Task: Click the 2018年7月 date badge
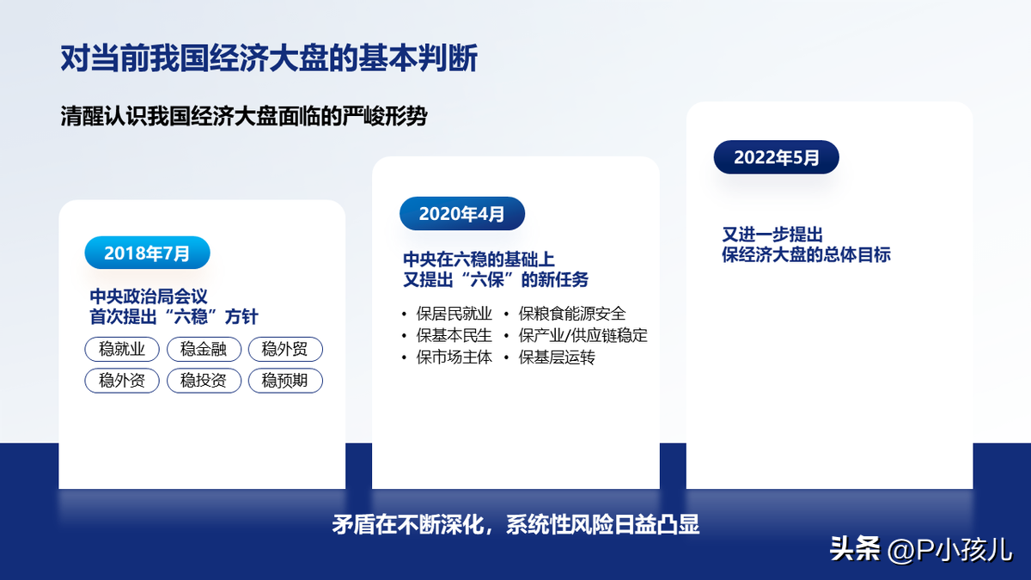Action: pos(147,253)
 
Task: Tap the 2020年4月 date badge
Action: pos(462,214)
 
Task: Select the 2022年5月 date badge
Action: pos(777,157)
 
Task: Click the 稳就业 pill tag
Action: pos(122,349)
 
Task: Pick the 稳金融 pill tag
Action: pos(204,349)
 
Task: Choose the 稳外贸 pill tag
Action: pos(285,349)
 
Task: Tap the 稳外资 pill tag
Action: pos(122,381)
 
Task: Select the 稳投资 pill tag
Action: pos(204,381)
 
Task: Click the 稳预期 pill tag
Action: pos(285,381)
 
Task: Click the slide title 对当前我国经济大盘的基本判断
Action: pos(269,58)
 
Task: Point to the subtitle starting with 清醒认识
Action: pos(243,116)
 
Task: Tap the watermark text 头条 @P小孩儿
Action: pos(920,550)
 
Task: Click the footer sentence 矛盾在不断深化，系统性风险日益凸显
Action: pos(515,524)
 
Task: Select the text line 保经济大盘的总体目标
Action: pos(806,254)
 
